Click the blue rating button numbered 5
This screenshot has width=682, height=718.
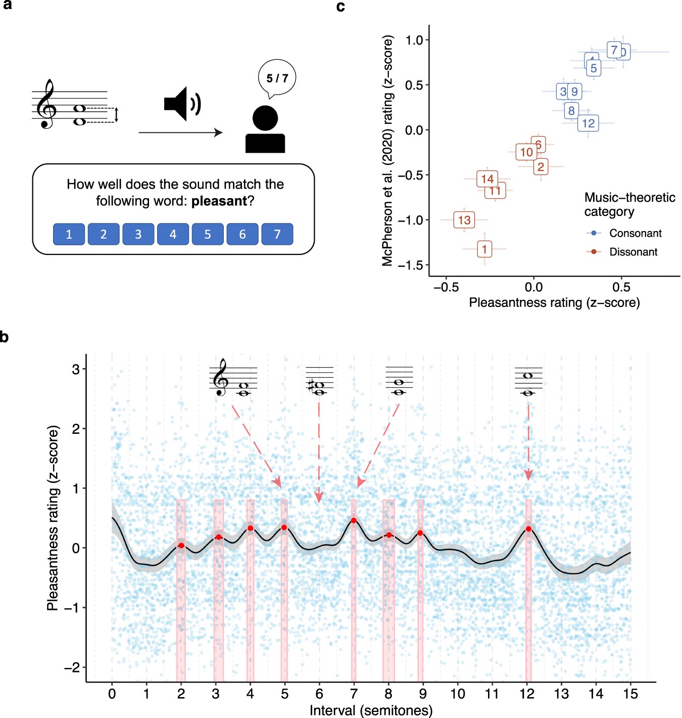208,234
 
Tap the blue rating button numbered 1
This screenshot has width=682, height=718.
69,234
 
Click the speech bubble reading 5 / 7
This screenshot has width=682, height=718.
277,78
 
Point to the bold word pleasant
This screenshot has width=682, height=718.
219,201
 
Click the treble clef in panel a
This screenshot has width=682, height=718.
47,104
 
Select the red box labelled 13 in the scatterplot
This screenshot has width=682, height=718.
464,220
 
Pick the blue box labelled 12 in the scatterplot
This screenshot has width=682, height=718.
588,123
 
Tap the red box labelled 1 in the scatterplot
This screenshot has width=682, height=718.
484,249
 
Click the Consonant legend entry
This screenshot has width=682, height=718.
635,233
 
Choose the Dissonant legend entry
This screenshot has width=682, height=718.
633,252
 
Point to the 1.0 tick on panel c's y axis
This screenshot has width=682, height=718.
414,40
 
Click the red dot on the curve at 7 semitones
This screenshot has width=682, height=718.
354,520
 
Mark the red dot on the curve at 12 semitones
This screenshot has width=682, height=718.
528,529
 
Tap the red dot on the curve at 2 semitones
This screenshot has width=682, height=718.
181,545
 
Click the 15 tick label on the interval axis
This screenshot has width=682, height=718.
630,694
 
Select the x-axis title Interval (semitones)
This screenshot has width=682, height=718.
371,710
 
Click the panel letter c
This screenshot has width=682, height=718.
340,7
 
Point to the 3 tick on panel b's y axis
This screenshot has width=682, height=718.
76,369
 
